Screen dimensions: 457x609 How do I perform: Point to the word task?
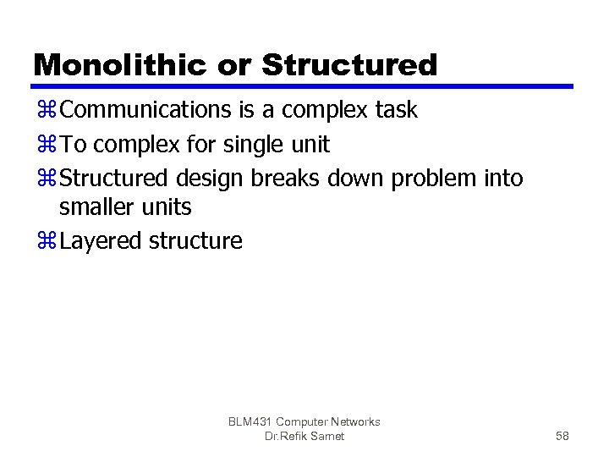pyautogui.click(x=391, y=110)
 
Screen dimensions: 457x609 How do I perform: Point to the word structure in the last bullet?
pyautogui.click(x=195, y=241)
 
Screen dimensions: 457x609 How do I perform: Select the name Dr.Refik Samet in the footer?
pyautogui.click(x=304, y=436)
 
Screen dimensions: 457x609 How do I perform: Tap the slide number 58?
pyautogui.click(x=562, y=436)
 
